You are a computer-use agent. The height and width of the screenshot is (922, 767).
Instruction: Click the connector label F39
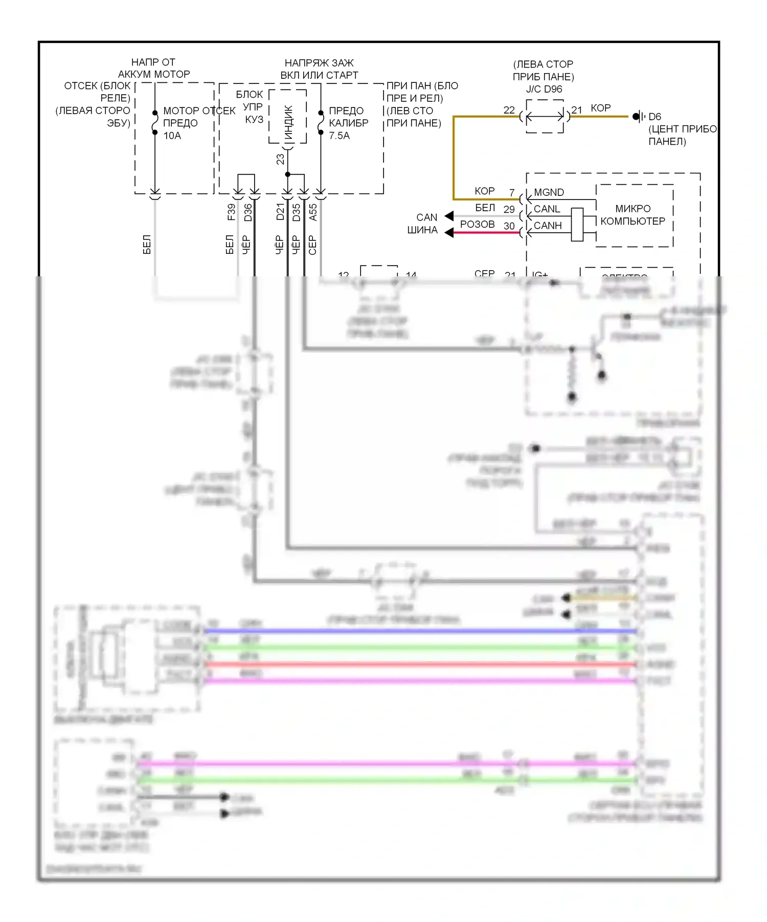(231, 212)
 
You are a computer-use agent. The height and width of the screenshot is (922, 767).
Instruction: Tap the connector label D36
(248, 212)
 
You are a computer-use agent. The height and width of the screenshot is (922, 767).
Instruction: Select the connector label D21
(280, 212)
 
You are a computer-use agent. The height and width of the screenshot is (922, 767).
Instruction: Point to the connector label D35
(297, 212)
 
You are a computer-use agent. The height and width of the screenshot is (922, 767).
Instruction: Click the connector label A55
(313, 212)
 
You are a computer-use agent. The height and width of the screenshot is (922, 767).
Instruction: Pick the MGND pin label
(549, 192)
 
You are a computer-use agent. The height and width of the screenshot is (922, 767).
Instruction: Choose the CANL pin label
(547, 209)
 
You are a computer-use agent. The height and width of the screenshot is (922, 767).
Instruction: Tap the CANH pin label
(547, 226)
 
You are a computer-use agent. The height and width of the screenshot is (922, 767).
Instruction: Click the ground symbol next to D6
(638, 117)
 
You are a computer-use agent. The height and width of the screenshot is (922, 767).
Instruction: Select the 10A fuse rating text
(172, 136)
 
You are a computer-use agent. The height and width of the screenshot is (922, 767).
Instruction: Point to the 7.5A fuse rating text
(339, 136)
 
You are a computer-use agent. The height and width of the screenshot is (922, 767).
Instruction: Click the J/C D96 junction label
(544, 89)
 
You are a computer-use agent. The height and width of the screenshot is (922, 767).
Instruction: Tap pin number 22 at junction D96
(509, 110)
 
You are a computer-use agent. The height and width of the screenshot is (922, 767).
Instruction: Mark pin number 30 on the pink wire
(509, 226)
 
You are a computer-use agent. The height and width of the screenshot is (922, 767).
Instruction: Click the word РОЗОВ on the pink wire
(477, 225)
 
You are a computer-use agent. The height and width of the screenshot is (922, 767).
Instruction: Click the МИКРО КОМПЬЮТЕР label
(633, 215)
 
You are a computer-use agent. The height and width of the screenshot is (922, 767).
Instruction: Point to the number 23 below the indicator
(280, 159)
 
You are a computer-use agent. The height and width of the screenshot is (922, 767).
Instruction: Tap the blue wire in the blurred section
(419, 631)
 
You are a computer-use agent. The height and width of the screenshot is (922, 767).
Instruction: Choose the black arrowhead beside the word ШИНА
(449, 233)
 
